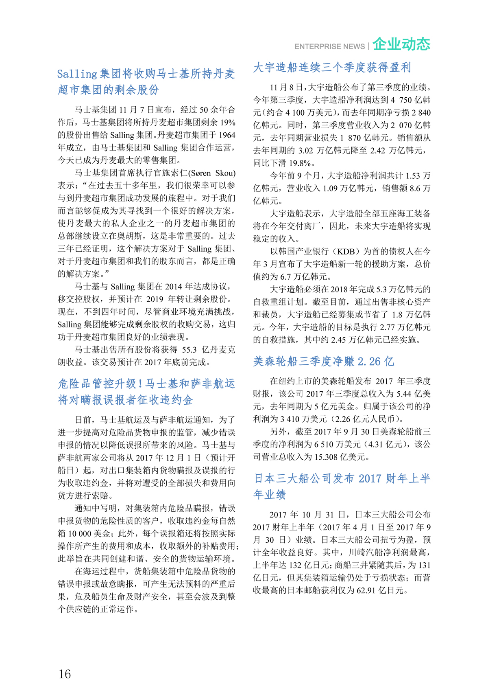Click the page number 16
pos(65,674)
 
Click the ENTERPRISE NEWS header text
pos(329,46)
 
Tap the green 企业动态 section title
pos(401,44)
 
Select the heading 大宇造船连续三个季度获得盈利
pos(332,67)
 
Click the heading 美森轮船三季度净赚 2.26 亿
pos(323,361)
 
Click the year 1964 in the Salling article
pos(227,135)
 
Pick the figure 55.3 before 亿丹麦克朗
pos(189,350)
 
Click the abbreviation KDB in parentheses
pos(346,252)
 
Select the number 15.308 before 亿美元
pos(323,457)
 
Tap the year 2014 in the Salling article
pos(173,287)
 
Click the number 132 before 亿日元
pos(296,565)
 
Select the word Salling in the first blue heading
pos(77,74)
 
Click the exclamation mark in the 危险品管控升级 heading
pos(140,384)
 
